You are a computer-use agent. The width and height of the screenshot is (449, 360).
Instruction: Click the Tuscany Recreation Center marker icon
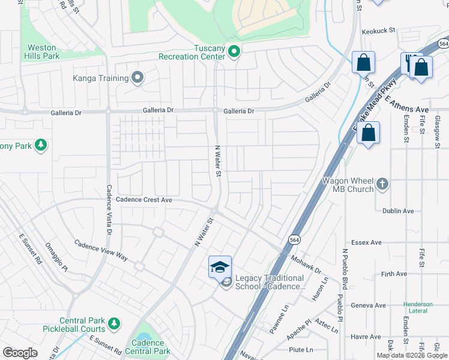[235, 52]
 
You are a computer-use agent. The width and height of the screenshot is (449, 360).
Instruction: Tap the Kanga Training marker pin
[138, 78]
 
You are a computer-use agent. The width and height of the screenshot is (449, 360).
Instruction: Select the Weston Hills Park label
[43, 52]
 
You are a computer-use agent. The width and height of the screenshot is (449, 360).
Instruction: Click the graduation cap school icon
[220, 266]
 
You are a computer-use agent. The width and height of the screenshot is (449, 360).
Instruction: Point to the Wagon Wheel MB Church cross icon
[382, 182]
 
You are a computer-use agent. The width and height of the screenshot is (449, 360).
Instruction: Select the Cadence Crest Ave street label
[144, 200]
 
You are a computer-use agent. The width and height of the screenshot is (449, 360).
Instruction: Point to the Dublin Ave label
[399, 211]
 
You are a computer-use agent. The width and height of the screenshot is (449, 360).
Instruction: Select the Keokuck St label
[378, 30]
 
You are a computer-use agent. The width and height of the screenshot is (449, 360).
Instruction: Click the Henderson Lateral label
[418, 307]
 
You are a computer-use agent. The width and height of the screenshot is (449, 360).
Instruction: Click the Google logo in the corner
[20, 353]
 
